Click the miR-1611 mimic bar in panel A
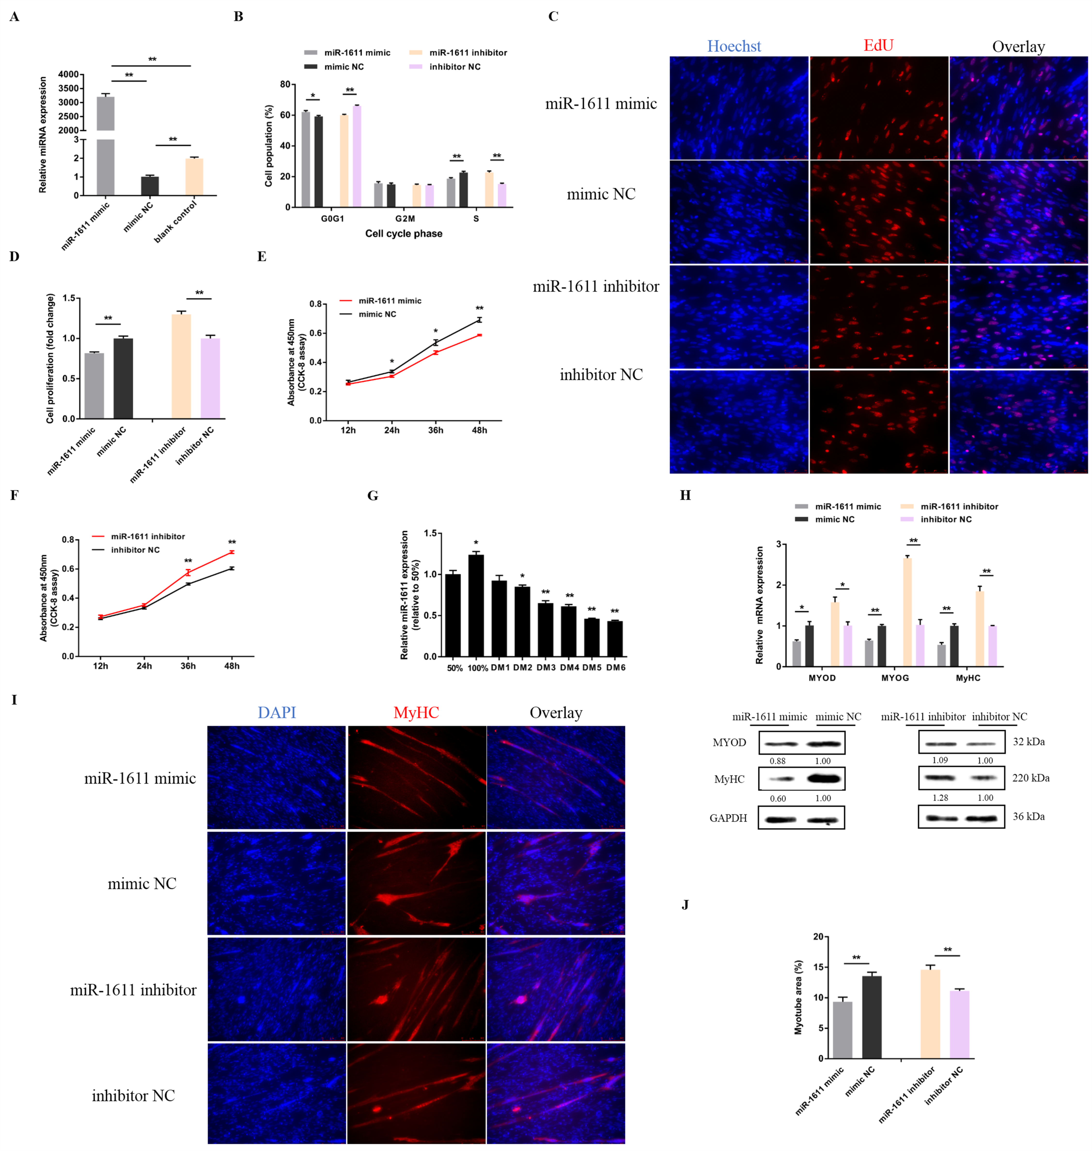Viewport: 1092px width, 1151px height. (105, 146)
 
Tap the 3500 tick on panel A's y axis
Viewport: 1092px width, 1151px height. (68, 88)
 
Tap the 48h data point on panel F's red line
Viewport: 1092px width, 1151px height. (232, 552)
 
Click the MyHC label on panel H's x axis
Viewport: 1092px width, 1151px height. (967, 678)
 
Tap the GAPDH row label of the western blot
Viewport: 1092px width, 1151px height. (728, 818)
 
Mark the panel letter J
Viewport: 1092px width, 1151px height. (685, 905)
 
